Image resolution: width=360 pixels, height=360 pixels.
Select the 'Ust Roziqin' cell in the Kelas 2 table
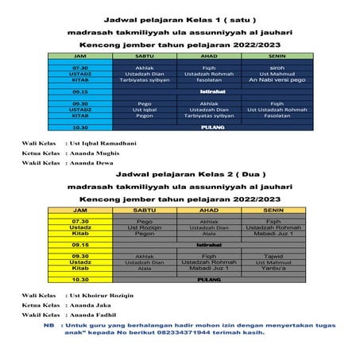(145, 227)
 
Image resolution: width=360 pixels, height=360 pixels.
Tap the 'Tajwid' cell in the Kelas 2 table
(273, 257)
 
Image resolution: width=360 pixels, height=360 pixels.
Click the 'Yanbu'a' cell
(273, 269)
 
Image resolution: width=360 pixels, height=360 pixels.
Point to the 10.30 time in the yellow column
(79, 281)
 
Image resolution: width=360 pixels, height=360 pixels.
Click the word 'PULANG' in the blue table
(211, 127)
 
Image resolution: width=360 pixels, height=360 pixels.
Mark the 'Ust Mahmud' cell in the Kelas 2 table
(273, 262)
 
